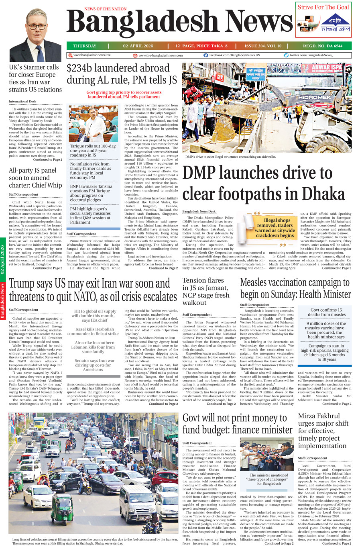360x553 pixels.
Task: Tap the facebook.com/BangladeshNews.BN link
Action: [x=234, y=55]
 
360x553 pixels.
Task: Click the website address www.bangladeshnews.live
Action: [x=92, y=55]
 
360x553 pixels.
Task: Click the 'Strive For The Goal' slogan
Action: [x=323, y=7]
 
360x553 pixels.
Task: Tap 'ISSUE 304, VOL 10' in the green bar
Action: [x=263, y=46]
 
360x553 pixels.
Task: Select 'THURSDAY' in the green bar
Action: [x=85, y=46]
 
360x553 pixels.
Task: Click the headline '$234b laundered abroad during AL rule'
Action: [x=122, y=74]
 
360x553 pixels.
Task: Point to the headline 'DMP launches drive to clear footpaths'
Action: [x=263, y=184]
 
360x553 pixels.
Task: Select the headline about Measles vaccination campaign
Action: [x=295, y=288]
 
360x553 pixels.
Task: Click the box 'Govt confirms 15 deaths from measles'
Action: [x=326, y=312]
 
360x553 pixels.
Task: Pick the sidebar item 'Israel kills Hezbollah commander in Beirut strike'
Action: [x=93, y=331]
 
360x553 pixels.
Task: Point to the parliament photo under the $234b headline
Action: [x=93, y=124]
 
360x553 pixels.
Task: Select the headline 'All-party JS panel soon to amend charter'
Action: [x=35, y=178]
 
